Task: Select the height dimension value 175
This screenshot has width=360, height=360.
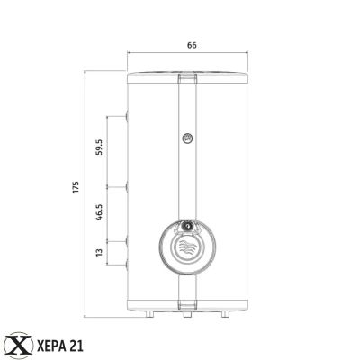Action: point(77,186)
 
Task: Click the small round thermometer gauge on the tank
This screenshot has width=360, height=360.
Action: point(186,139)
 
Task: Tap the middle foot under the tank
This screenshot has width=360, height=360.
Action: point(186,316)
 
